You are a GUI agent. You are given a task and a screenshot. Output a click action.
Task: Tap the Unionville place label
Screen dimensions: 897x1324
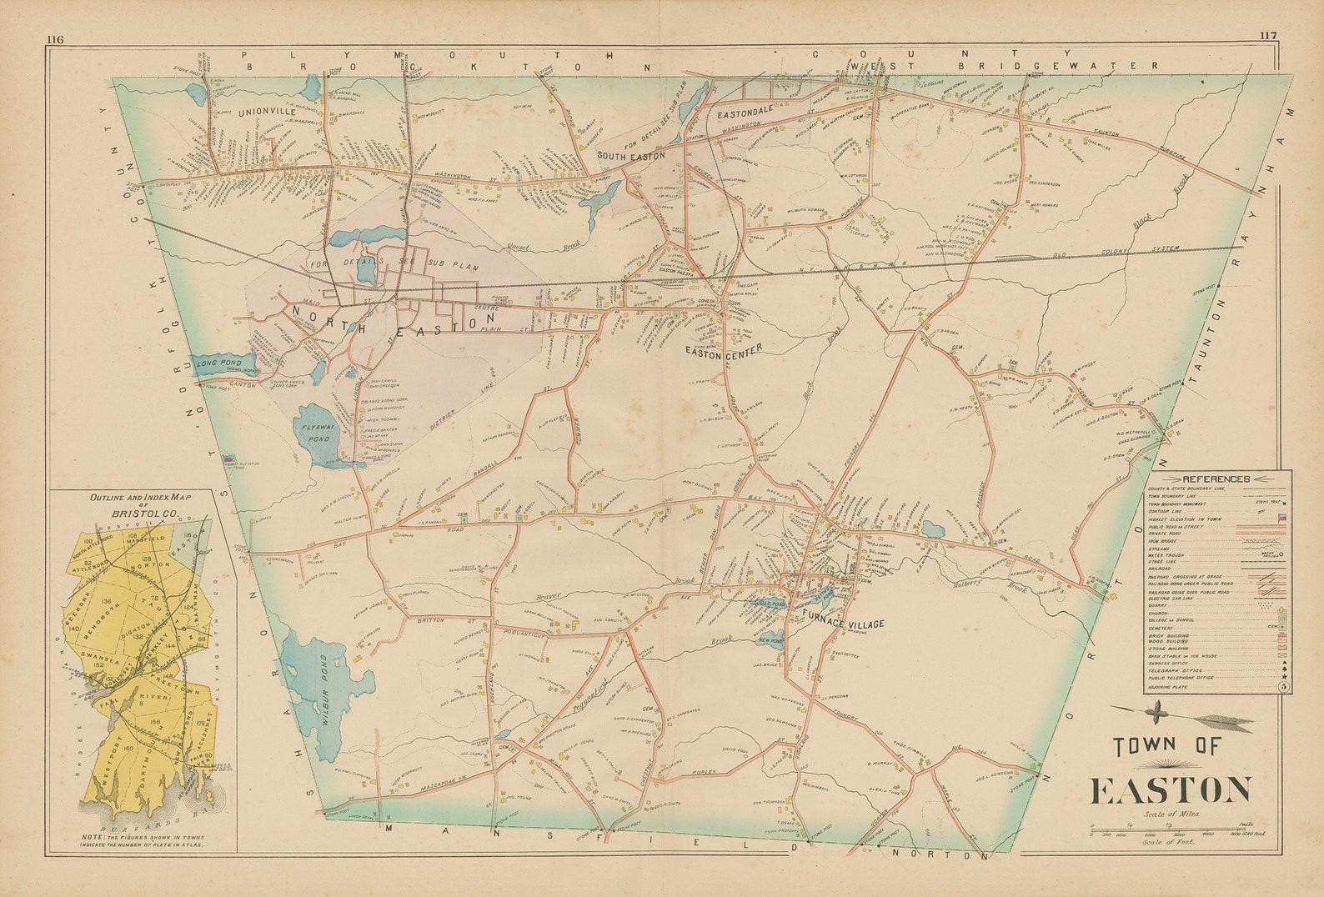tap(267, 111)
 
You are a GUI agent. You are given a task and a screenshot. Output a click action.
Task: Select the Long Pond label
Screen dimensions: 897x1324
tap(219, 363)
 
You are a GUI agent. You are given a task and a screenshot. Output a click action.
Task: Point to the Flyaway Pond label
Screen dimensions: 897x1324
tap(315, 431)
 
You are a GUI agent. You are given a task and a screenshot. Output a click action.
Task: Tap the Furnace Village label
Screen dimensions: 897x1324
tap(843, 624)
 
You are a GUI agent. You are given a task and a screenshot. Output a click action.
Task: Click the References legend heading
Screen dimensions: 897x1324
tap(1216, 479)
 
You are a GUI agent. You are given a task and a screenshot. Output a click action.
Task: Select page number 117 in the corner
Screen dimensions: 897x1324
tap(1267, 35)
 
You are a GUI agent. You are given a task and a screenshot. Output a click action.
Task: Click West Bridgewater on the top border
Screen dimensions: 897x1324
tap(1004, 64)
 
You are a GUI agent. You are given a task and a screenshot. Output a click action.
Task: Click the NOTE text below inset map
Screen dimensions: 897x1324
tap(142, 840)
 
